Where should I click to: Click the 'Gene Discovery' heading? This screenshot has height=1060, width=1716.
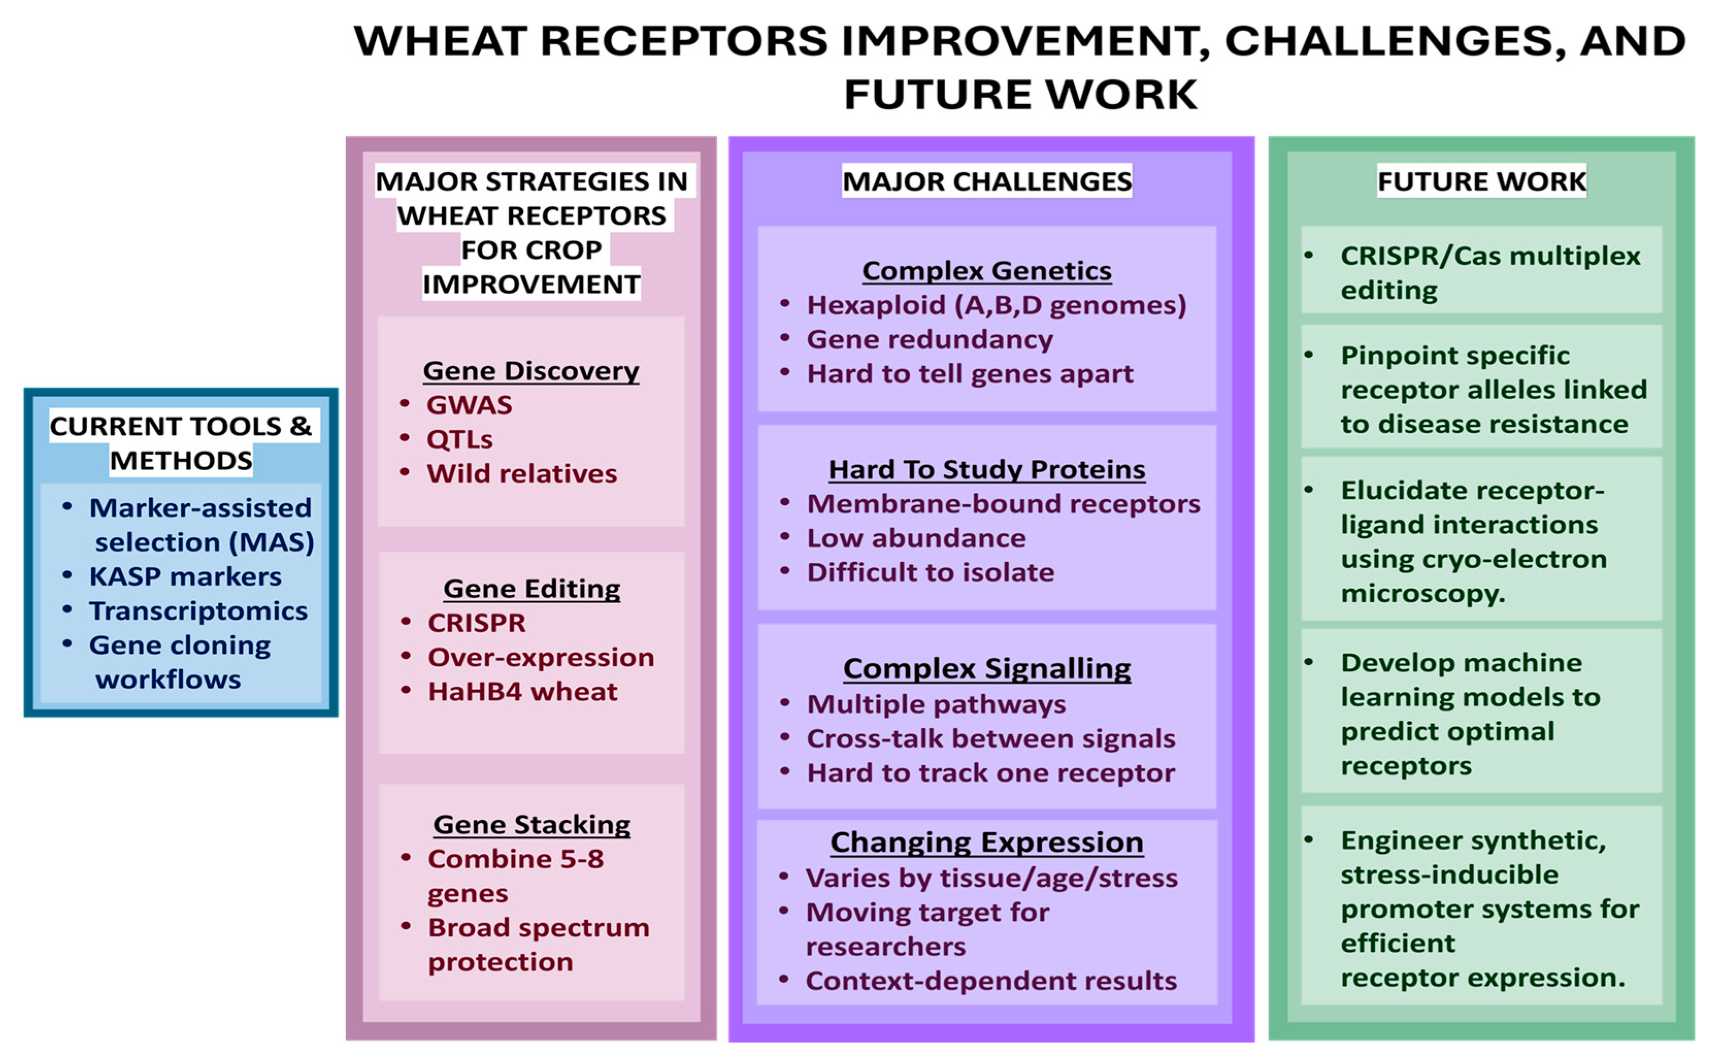(530, 371)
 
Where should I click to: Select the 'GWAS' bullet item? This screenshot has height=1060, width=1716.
(469, 405)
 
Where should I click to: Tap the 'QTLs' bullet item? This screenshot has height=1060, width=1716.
(459, 440)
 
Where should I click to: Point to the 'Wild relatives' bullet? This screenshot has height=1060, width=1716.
(522, 474)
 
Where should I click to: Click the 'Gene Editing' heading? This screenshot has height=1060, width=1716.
(531, 589)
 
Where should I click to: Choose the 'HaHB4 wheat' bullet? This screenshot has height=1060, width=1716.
(522, 692)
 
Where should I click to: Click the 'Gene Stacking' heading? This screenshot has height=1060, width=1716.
(531, 825)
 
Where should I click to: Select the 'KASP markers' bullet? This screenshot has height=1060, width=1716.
(185, 576)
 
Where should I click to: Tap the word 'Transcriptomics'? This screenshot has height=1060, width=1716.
(197, 610)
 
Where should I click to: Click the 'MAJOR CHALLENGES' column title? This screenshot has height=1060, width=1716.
(986, 181)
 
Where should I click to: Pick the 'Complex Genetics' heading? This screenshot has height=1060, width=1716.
(986, 271)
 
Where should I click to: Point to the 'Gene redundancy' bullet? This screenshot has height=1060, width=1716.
(929, 339)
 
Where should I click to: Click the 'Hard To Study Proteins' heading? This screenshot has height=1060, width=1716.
(986, 470)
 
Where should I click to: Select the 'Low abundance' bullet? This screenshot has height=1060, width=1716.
(915, 538)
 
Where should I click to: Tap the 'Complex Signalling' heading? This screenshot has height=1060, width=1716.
(986, 669)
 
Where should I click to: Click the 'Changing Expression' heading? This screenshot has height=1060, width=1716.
(986, 842)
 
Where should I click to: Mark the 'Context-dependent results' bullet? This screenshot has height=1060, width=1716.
(991, 981)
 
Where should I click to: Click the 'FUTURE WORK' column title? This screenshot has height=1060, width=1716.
(1480, 181)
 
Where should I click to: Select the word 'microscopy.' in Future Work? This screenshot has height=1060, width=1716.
(1422, 594)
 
